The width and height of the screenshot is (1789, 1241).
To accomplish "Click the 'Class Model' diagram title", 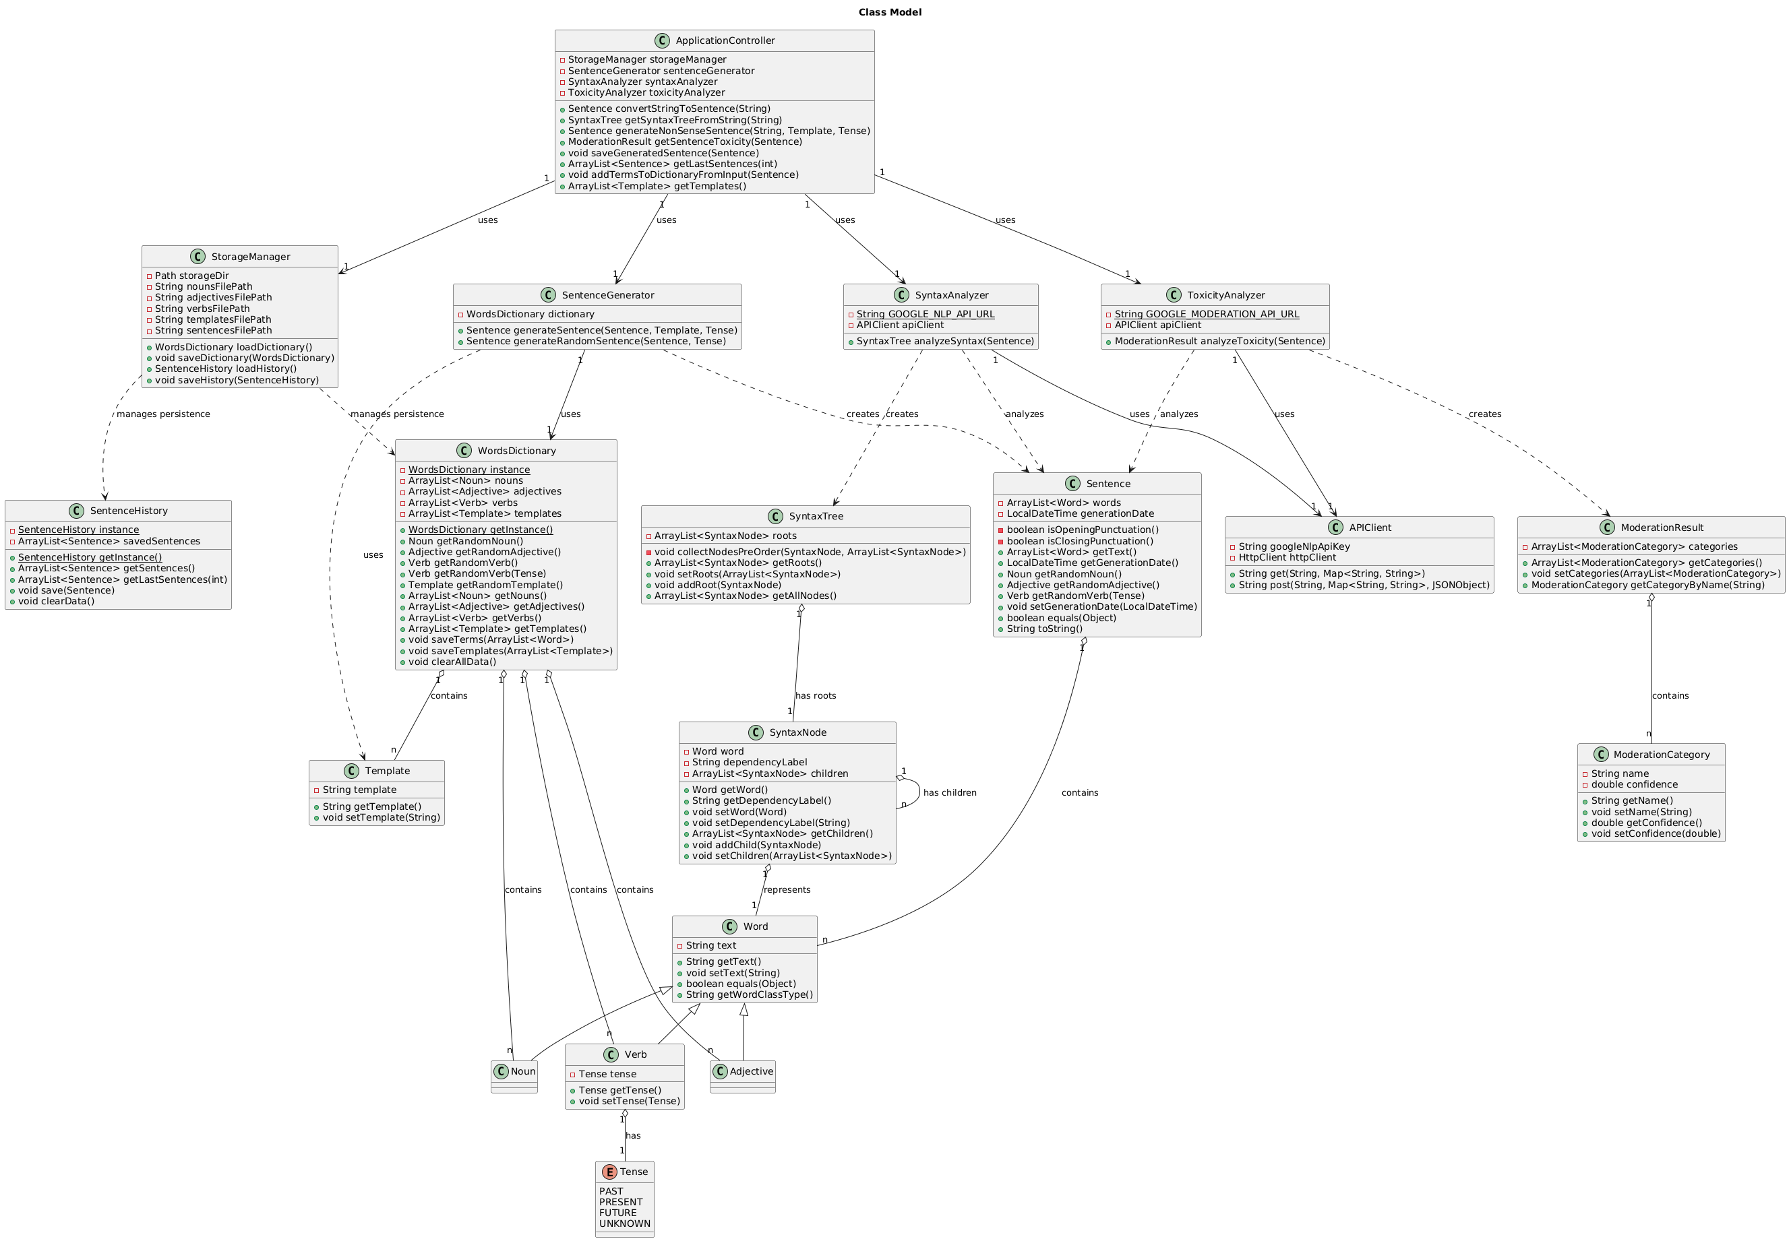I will pyautogui.click(x=890, y=12).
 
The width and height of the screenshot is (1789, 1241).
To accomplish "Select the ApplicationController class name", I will pyautogui.click(x=724, y=40).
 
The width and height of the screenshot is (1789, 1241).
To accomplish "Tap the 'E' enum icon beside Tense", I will pyautogui.click(x=610, y=1172).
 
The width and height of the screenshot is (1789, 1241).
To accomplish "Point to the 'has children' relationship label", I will pyautogui.click(x=949, y=793).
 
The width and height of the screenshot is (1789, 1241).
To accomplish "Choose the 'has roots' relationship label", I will pyautogui.click(x=815, y=696).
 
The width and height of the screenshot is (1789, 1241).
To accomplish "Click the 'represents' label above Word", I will pyautogui.click(x=787, y=889).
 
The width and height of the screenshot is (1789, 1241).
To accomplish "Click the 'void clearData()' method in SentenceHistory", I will pyautogui.click(x=56, y=601).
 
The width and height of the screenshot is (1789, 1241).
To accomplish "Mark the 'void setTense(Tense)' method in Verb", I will pyautogui.click(x=628, y=1101).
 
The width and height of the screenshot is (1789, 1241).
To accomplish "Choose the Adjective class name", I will pyautogui.click(x=751, y=1071).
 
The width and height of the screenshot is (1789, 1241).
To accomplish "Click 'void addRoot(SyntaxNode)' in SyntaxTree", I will pyautogui.click(x=717, y=585).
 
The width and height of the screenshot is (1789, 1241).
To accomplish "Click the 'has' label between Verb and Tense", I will pyautogui.click(x=633, y=1136).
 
